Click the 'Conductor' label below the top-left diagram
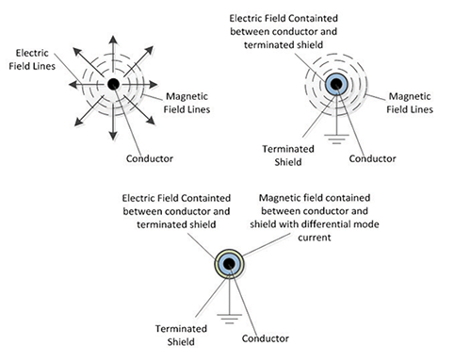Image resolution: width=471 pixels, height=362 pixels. click(150, 157)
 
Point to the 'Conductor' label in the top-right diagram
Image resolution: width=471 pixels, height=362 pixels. click(373, 158)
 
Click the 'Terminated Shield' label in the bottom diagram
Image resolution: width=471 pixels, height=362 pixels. click(180, 337)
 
